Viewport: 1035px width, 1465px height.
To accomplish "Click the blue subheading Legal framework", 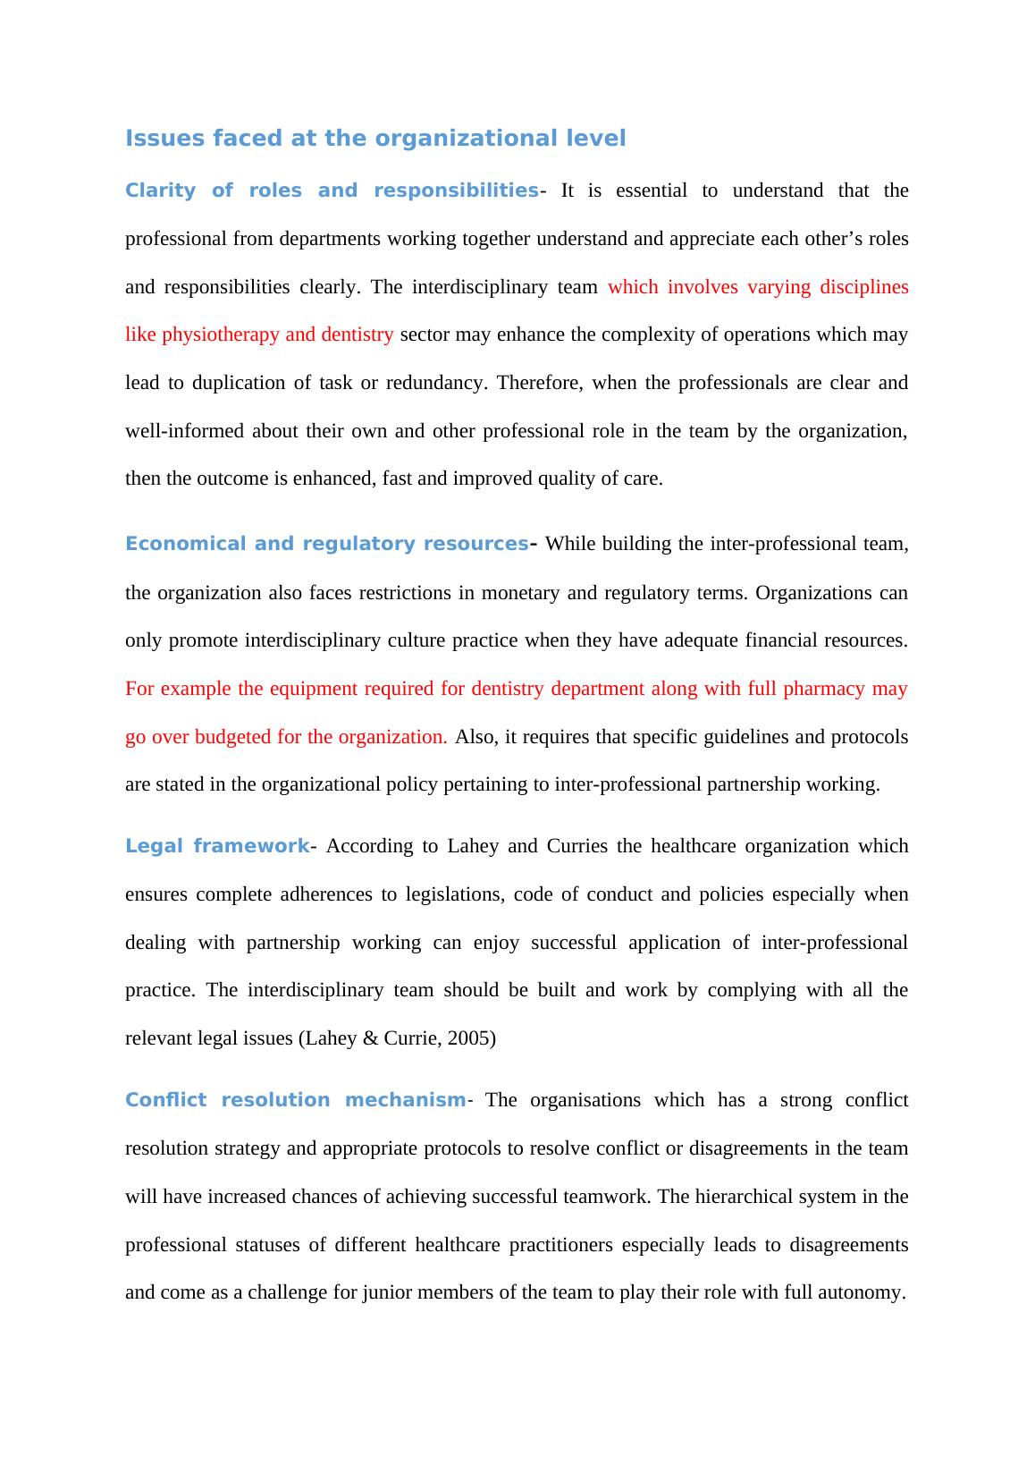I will (x=217, y=846).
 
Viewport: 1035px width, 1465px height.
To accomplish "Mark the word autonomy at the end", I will (x=862, y=1292).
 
